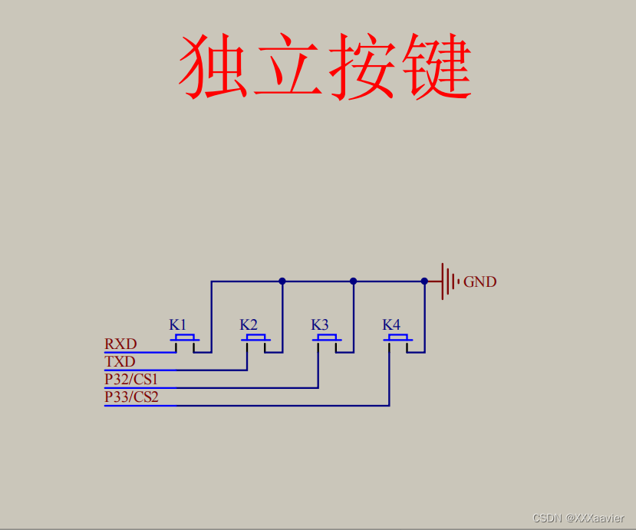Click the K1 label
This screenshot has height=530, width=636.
pos(177,324)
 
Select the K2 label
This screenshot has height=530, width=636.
pos(249,324)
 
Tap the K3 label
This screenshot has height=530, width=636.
pos(320,324)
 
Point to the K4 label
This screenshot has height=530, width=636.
pos(391,324)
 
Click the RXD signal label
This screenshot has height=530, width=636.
pos(120,344)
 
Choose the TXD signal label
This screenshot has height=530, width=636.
pos(120,361)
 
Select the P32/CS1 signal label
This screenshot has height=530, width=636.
pos(131,379)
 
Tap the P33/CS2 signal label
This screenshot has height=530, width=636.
pos(131,397)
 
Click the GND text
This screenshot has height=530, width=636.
pos(480,282)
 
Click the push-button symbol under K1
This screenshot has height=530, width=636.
pos(184,339)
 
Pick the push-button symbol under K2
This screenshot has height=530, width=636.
pos(255,339)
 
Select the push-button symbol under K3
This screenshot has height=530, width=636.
pos(328,339)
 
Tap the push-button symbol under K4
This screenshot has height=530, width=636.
pos(397,339)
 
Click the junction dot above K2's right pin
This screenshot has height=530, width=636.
pos(282,281)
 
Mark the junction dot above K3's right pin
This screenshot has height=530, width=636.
pos(354,281)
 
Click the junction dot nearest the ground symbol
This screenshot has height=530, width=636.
pos(424,281)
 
